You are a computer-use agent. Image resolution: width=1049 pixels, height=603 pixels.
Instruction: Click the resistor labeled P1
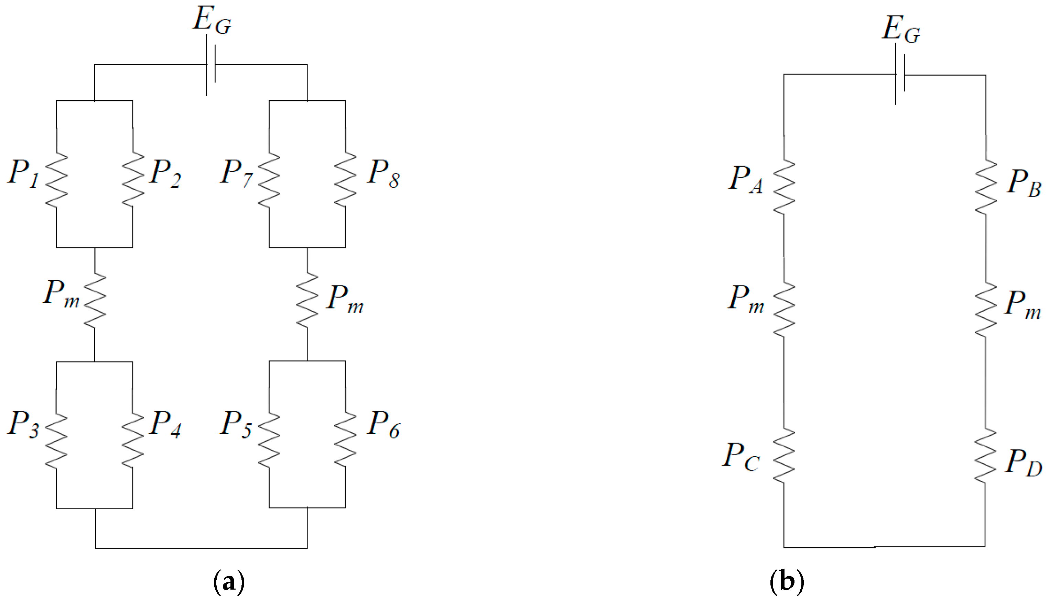[x=56, y=179]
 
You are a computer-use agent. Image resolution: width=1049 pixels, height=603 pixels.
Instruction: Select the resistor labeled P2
[x=133, y=179]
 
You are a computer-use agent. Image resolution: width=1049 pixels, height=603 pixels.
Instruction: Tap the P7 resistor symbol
[x=269, y=179]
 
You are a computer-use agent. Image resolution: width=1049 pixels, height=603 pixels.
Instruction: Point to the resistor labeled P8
[x=345, y=179]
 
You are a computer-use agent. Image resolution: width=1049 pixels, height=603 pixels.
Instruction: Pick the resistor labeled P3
[x=56, y=440]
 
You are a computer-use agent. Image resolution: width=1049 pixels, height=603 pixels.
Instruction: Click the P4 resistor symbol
[x=133, y=440]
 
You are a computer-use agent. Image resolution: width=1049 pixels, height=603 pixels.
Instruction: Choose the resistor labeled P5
[x=269, y=440]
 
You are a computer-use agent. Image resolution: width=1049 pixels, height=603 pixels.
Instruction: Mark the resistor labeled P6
[x=345, y=440]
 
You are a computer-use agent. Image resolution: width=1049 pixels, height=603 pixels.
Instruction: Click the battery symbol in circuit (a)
[x=210, y=65]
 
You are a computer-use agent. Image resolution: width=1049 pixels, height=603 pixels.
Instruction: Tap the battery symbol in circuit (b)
[x=899, y=75]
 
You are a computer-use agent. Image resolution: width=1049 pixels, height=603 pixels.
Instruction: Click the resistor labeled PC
[x=784, y=456]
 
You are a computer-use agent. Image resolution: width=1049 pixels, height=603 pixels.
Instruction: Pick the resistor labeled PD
[x=985, y=456]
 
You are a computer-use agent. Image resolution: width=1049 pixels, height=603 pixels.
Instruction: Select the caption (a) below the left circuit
[x=228, y=582]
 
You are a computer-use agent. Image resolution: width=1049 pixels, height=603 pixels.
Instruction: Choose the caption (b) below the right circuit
[x=787, y=582]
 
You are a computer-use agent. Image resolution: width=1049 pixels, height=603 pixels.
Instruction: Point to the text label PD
[x=1023, y=463]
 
